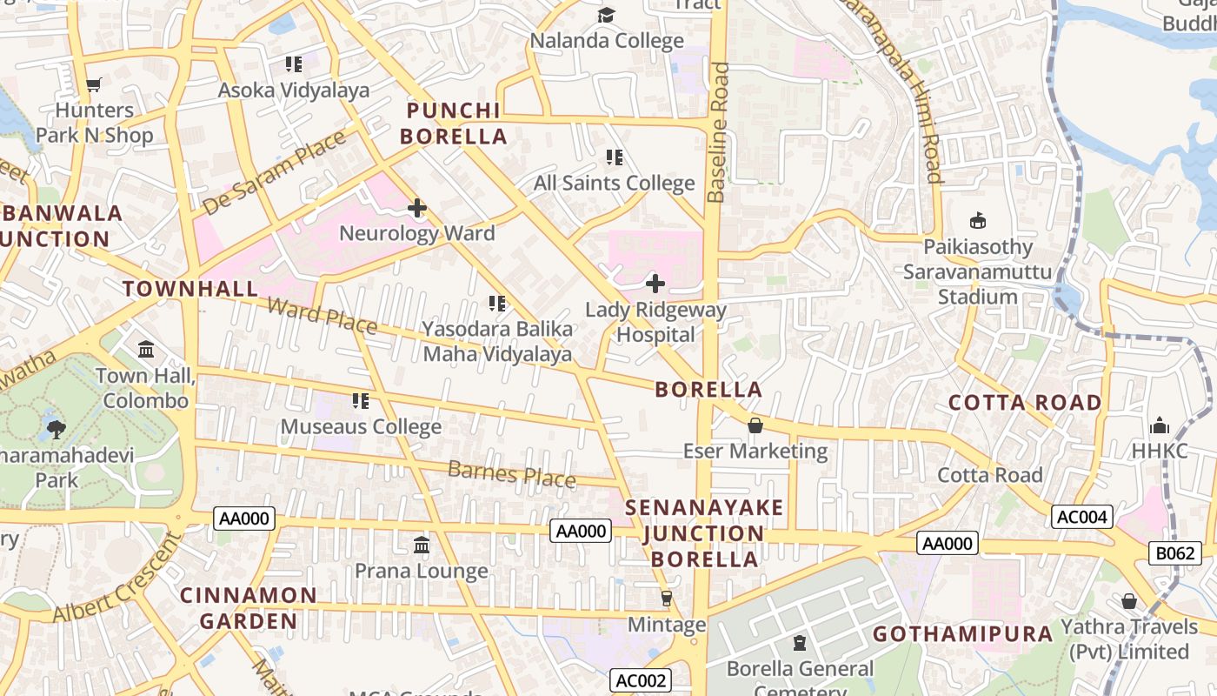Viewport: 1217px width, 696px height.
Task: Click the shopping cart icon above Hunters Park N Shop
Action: click(94, 84)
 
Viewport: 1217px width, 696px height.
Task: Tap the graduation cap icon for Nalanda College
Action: click(606, 15)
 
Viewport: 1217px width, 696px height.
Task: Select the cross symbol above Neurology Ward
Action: click(417, 208)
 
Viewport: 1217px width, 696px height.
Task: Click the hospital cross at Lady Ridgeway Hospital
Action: click(655, 283)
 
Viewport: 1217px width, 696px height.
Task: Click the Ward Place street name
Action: click(322, 314)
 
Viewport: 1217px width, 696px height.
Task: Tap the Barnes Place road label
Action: click(511, 474)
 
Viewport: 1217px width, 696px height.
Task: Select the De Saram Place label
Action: click(275, 171)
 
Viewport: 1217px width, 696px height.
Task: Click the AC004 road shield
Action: click(1081, 517)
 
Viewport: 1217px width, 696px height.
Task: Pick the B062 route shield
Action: click(1175, 552)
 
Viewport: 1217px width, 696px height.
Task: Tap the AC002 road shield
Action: click(640, 680)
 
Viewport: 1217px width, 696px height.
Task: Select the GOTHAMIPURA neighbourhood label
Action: click(963, 634)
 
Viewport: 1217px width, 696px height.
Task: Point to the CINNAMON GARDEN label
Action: click(249, 608)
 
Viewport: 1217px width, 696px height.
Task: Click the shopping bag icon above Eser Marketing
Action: click(755, 425)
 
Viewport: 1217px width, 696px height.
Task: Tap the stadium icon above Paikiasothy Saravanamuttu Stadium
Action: click(978, 221)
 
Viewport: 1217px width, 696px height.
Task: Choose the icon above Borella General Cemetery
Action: click(800, 644)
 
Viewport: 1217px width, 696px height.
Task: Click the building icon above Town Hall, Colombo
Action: click(146, 350)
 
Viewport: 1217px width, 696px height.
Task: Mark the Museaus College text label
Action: click(361, 427)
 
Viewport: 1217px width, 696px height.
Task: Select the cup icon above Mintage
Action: click(667, 599)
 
